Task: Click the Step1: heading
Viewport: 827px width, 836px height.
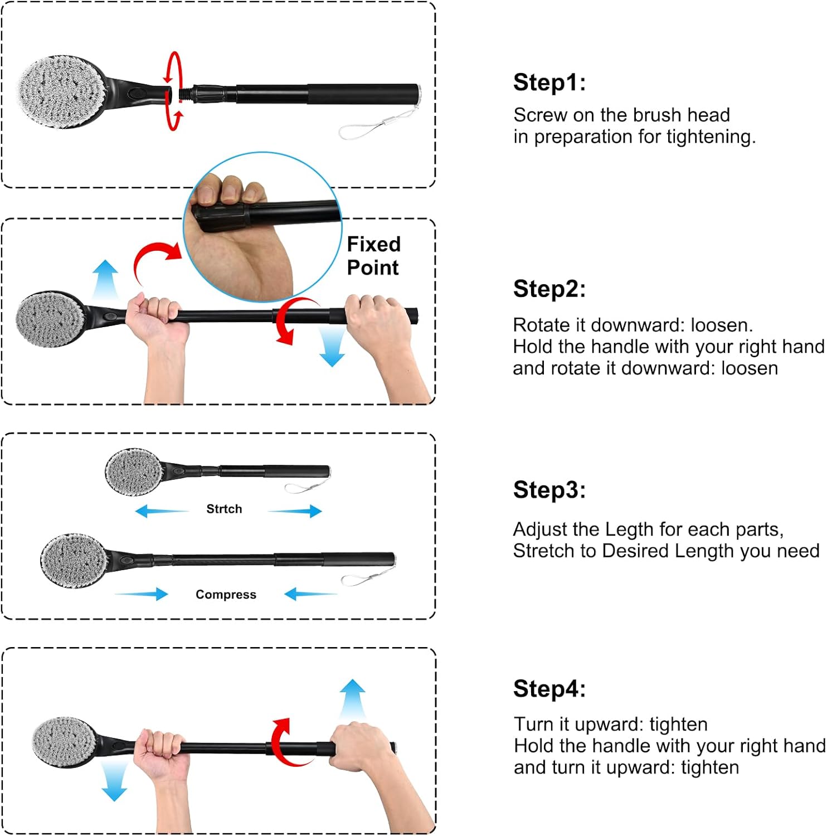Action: [x=549, y=82]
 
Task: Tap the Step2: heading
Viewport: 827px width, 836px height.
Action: [x=549, y=289]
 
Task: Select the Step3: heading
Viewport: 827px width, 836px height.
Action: [x=549, y=490]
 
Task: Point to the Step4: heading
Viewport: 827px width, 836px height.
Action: [x=549, y=688]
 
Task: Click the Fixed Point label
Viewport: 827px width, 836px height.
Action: [x=373, y=256]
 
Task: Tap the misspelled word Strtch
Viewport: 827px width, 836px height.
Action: [x=224, y=509]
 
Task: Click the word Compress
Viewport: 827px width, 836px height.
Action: [x=226, y=595]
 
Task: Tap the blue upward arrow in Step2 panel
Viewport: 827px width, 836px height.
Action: [x=105, y=279]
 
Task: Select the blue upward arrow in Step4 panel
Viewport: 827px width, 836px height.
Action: [x=353, y=699]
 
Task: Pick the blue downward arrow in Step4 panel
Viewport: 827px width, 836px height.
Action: [x=114, y=781]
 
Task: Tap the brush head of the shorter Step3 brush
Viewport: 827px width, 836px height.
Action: [x=134, y=472]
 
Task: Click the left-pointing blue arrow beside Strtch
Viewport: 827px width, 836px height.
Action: [x=162, y=511]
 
